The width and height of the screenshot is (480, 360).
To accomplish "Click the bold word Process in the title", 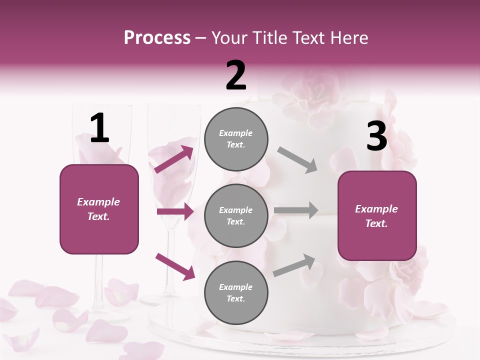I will coord(157,38).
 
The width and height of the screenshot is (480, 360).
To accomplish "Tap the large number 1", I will coord(99,128).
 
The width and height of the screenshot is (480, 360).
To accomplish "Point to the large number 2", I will coord(236,75).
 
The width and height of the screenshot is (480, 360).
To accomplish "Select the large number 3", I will coord(376,137).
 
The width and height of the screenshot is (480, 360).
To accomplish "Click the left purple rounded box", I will coord(99,209).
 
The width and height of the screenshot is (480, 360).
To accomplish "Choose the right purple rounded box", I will coord(377,216).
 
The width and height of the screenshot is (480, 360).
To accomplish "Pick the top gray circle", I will coord(236,139).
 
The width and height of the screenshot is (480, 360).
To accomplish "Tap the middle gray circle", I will coord(236,215).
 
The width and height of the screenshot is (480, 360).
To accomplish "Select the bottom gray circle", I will coord(236,292).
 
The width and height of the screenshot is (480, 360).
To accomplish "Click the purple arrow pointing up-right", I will coord(174,159).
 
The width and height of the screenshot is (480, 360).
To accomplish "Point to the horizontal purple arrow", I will coord(175,211).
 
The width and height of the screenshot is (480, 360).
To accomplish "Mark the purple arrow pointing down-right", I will coord(175,266).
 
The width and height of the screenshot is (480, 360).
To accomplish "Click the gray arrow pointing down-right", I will coord(297,160).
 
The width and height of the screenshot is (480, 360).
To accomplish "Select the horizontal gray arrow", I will coord(296,210).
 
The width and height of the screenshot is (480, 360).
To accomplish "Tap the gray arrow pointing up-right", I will coord(294,265).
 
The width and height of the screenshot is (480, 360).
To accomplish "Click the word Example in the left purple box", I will coord(98,202).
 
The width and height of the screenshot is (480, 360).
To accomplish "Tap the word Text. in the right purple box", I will coord(376,223).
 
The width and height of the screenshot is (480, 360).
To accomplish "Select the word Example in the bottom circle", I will coord(236,287).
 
